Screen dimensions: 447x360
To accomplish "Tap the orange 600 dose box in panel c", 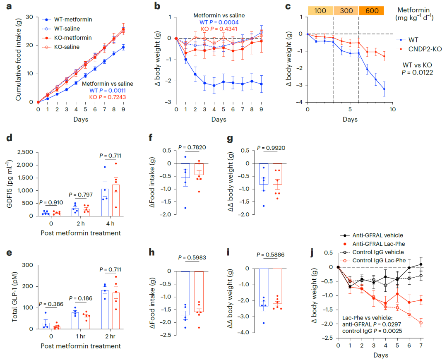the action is click(371, 11).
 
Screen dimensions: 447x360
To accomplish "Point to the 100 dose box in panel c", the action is click(320, 11).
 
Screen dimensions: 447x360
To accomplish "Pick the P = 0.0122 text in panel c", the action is click(417, 73).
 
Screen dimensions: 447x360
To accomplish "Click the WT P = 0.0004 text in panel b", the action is click(219, 22).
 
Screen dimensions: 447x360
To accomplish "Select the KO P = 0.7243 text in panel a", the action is click(108, 97).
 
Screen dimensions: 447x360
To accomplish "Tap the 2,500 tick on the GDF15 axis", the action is click(25, 152).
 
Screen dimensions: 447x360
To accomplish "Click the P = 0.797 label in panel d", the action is click(81, 194).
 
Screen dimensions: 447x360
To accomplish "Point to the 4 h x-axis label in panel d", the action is click(111, 224).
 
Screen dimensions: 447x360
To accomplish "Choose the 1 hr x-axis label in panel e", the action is click(81, 336).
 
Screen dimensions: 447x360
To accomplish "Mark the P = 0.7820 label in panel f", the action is click(192, 147).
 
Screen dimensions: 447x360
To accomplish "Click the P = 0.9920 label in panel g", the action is click(271, 148).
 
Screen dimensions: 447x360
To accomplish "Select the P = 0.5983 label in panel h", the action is click(192, 257).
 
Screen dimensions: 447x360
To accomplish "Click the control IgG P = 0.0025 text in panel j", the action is click(372, 331).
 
